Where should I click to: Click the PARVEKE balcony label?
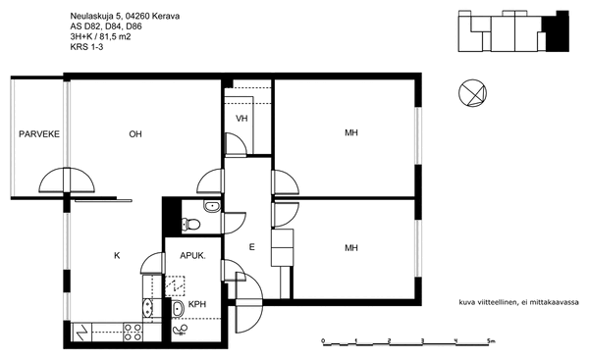tap(39, 134)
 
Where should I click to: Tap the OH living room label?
tap(135, 134)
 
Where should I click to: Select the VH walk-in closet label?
tap(241, 119)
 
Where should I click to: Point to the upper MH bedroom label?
tap(351, 132)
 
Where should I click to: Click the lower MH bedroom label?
tap(351, 248)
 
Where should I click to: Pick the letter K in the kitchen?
tap(117, 256)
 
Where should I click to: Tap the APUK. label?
tap(192, 256)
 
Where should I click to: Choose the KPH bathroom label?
tap(197, 304)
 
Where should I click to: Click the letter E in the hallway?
tap(251, 247)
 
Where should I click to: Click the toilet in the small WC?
tap(190, 224)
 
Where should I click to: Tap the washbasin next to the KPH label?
tap(178, 309)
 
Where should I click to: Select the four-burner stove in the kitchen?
tap(133, 333)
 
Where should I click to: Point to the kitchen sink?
tap(148, 308)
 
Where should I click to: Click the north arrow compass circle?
tap(472, 93)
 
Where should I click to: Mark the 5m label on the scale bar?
tap(491, 340)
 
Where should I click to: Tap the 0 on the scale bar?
tap(323, 340)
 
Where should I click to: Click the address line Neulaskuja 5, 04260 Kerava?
tap(125, 16)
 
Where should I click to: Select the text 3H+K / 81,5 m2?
tap(101, 37)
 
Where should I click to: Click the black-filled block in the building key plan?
tap(558, 32)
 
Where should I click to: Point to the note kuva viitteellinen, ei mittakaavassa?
tap(518, 302)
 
